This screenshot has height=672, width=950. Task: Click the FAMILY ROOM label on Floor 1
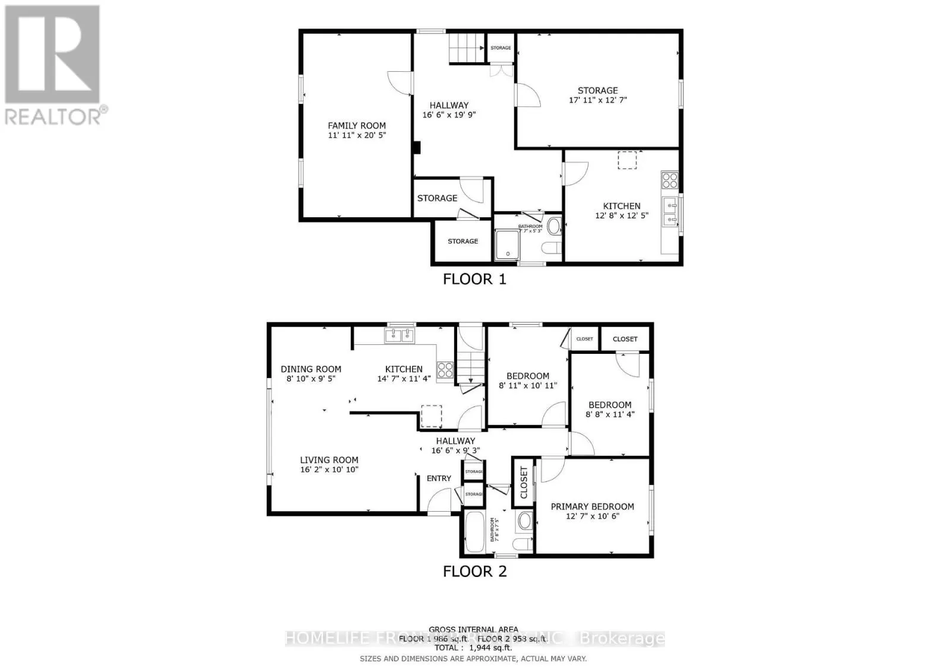[357, 125]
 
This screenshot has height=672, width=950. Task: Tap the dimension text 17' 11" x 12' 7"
[597, 100]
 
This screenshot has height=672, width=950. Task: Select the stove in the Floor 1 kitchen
[670, 179]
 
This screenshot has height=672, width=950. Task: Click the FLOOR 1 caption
[474, 279]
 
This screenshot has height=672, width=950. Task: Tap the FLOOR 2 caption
[474, 571]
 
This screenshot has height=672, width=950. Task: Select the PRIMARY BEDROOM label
[592, 506]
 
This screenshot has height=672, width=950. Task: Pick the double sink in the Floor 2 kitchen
[400, 336]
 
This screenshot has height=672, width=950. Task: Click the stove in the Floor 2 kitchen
[445, 370]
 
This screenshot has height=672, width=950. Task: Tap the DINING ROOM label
[311, 369]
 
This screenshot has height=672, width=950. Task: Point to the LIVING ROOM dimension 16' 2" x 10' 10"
[329, 470]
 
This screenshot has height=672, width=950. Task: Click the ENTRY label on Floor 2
[439, 478]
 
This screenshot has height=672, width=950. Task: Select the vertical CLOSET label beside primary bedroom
[524, 482]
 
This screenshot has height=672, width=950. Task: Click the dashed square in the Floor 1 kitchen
[627, 160]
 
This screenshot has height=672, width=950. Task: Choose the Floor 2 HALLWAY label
[455, 440]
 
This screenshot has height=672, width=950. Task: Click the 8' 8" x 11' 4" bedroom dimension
[610, 414]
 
